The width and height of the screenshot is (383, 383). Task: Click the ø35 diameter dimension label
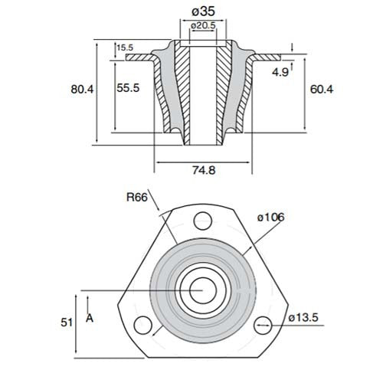[x=203, y=11]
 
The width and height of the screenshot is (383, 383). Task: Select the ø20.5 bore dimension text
[x=203, y=26]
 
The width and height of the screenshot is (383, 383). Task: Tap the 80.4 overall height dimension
[x=80, y=90]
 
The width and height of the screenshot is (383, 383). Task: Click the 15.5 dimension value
[x=125, y=48]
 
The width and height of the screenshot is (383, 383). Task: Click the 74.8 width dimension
[x=202, y=171]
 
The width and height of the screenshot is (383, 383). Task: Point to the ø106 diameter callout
[x=271, y=218]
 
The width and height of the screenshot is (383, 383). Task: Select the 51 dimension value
[x=66, y=322]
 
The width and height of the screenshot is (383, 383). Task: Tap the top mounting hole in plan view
[x=203, y=221]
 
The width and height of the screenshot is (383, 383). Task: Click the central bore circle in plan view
[x=204, y=290]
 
